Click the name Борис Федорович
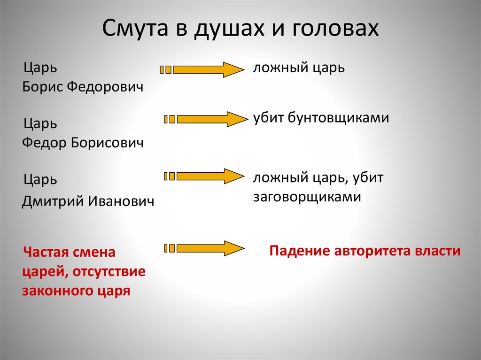pos(82,87)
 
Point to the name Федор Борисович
pos(83,143)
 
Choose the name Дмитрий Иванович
pos(88,201)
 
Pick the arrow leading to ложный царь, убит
pos(202,176)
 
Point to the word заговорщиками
pos(307,197)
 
